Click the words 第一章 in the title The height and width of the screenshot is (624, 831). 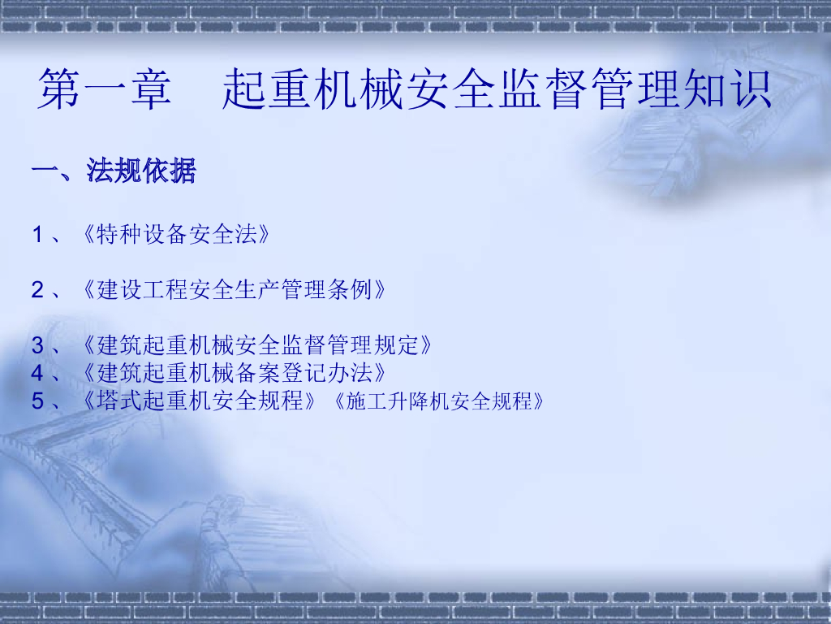tap(105, 89)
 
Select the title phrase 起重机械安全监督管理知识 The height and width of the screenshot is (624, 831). tap(497, 89)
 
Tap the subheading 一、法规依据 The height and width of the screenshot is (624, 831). tap(114, 171)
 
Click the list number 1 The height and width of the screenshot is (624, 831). tap(37, 236)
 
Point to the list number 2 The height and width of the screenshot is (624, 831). tap(37, 290)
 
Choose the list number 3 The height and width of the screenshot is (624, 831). tap(37, 345)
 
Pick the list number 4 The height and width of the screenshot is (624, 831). tap(37, 373)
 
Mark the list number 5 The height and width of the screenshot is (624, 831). tap(37, 401)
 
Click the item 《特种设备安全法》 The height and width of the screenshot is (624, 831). tap(176, 236)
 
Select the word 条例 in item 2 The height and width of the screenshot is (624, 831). tap(349, 290)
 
